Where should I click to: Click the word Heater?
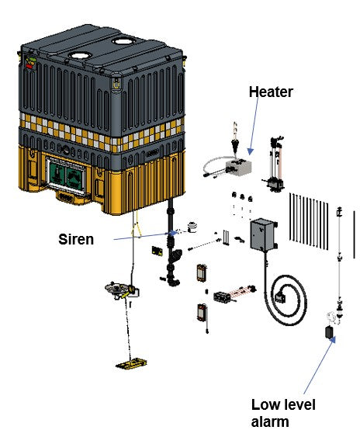[x=271, y=92]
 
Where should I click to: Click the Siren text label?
[x=76, y=239]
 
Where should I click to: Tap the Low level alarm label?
[x=283, y=413]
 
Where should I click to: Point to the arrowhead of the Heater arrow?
[x=251, y=151]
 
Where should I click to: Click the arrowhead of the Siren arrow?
[x=173, y=233]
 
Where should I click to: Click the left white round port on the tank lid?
[x=79, y=56]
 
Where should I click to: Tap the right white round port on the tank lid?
[x=123, y=41]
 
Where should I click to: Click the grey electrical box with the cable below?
[x=264, y=234]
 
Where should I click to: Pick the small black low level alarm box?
[x=329, y=332]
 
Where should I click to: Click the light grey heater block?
[x=238, y=167]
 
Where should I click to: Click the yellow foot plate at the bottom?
[x=131, y=363]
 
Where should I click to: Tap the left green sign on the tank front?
[x=57, y=175]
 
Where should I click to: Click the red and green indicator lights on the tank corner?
[x=31, y=63]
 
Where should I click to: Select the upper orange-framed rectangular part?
[x=202, y=272]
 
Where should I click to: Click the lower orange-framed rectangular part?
[x=202, y=312]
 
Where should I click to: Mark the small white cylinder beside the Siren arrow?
[x=192, y=227]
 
